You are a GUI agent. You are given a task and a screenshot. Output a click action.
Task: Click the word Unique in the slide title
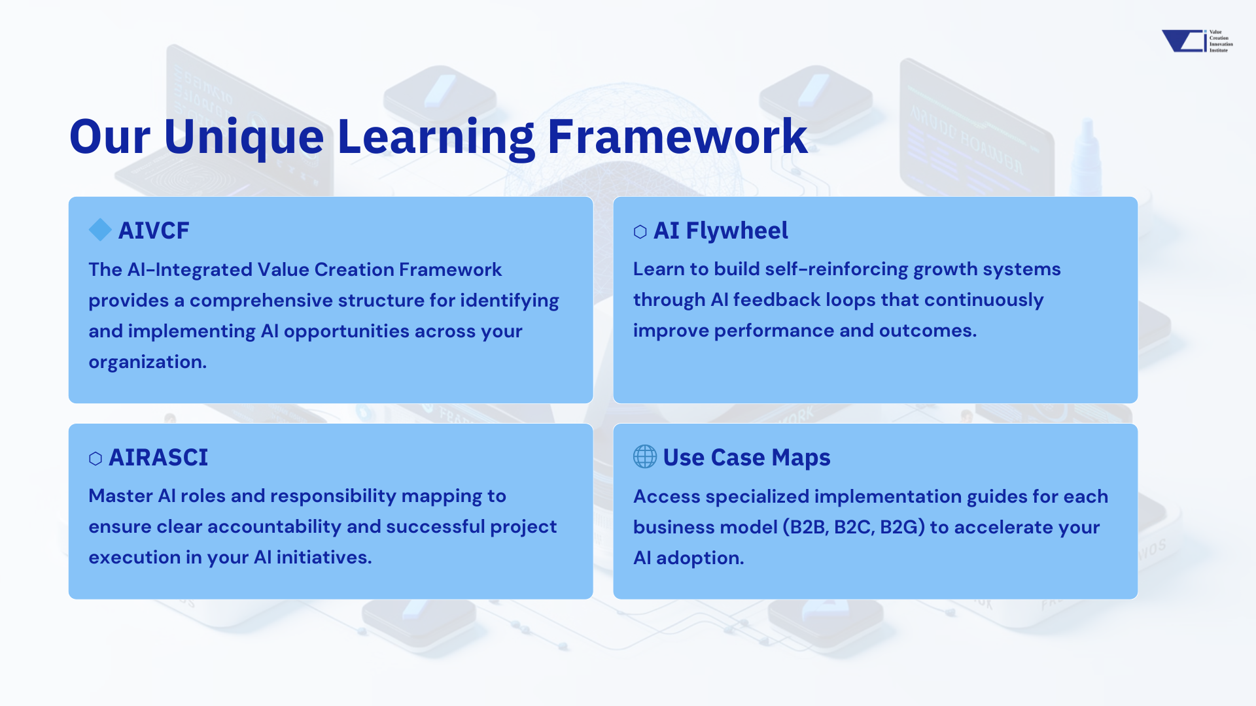tap(243, 137)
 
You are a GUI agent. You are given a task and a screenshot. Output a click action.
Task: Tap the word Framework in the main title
tap(677, 137)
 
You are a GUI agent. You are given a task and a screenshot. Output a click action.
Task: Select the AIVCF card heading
tap(154, 231)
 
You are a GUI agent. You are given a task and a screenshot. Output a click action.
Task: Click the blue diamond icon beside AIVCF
tap(100, 230)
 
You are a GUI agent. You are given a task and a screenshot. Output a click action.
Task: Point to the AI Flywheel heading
tap(720, 231)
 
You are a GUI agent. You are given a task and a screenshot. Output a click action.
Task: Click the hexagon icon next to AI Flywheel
tap(640, 231)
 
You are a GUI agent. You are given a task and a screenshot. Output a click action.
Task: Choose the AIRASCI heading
tap(158, 458)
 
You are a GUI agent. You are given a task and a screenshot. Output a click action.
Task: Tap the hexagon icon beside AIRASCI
tap(96, 458)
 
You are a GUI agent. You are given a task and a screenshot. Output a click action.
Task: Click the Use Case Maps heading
tap(746, 458)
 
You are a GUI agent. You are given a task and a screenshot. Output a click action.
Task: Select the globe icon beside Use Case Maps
tap(645, 457)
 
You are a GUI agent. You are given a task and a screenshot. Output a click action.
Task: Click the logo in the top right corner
tap(1196, 41)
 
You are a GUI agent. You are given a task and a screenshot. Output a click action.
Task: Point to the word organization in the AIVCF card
tap(147, 362)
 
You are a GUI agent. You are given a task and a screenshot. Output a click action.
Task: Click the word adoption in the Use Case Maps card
tap(699, 558)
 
